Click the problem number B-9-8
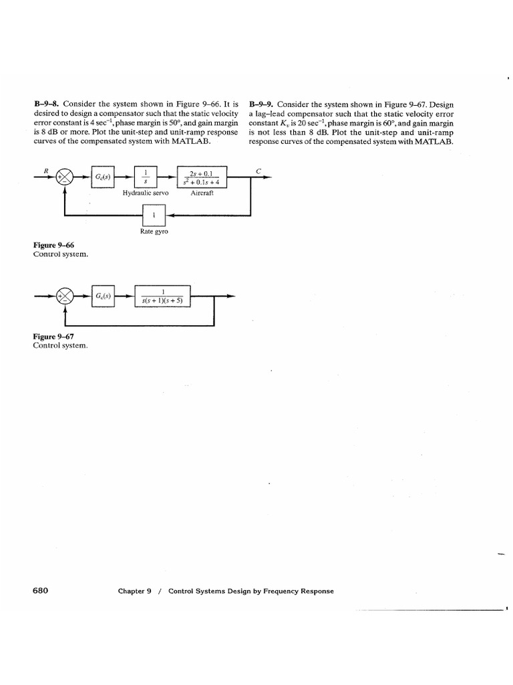45,105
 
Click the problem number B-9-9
261,105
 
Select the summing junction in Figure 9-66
65,177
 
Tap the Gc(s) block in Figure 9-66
103,177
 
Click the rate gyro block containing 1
154,215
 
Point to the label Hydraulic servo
146,193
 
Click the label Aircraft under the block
201,193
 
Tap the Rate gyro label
154,231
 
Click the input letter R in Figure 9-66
46,170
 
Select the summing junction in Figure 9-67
65,296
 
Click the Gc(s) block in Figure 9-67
103,296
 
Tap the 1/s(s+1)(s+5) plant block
163,296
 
